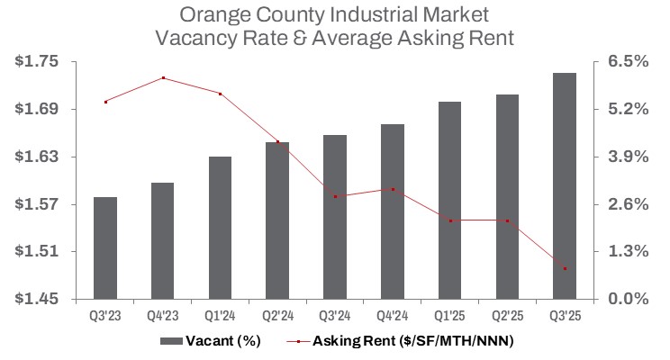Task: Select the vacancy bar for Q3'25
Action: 565,185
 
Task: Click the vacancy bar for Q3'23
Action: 105,247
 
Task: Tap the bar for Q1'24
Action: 221,228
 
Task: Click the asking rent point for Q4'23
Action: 163,78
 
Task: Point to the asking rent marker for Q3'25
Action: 565,269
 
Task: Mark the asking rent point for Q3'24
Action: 335,196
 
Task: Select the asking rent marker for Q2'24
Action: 278,142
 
